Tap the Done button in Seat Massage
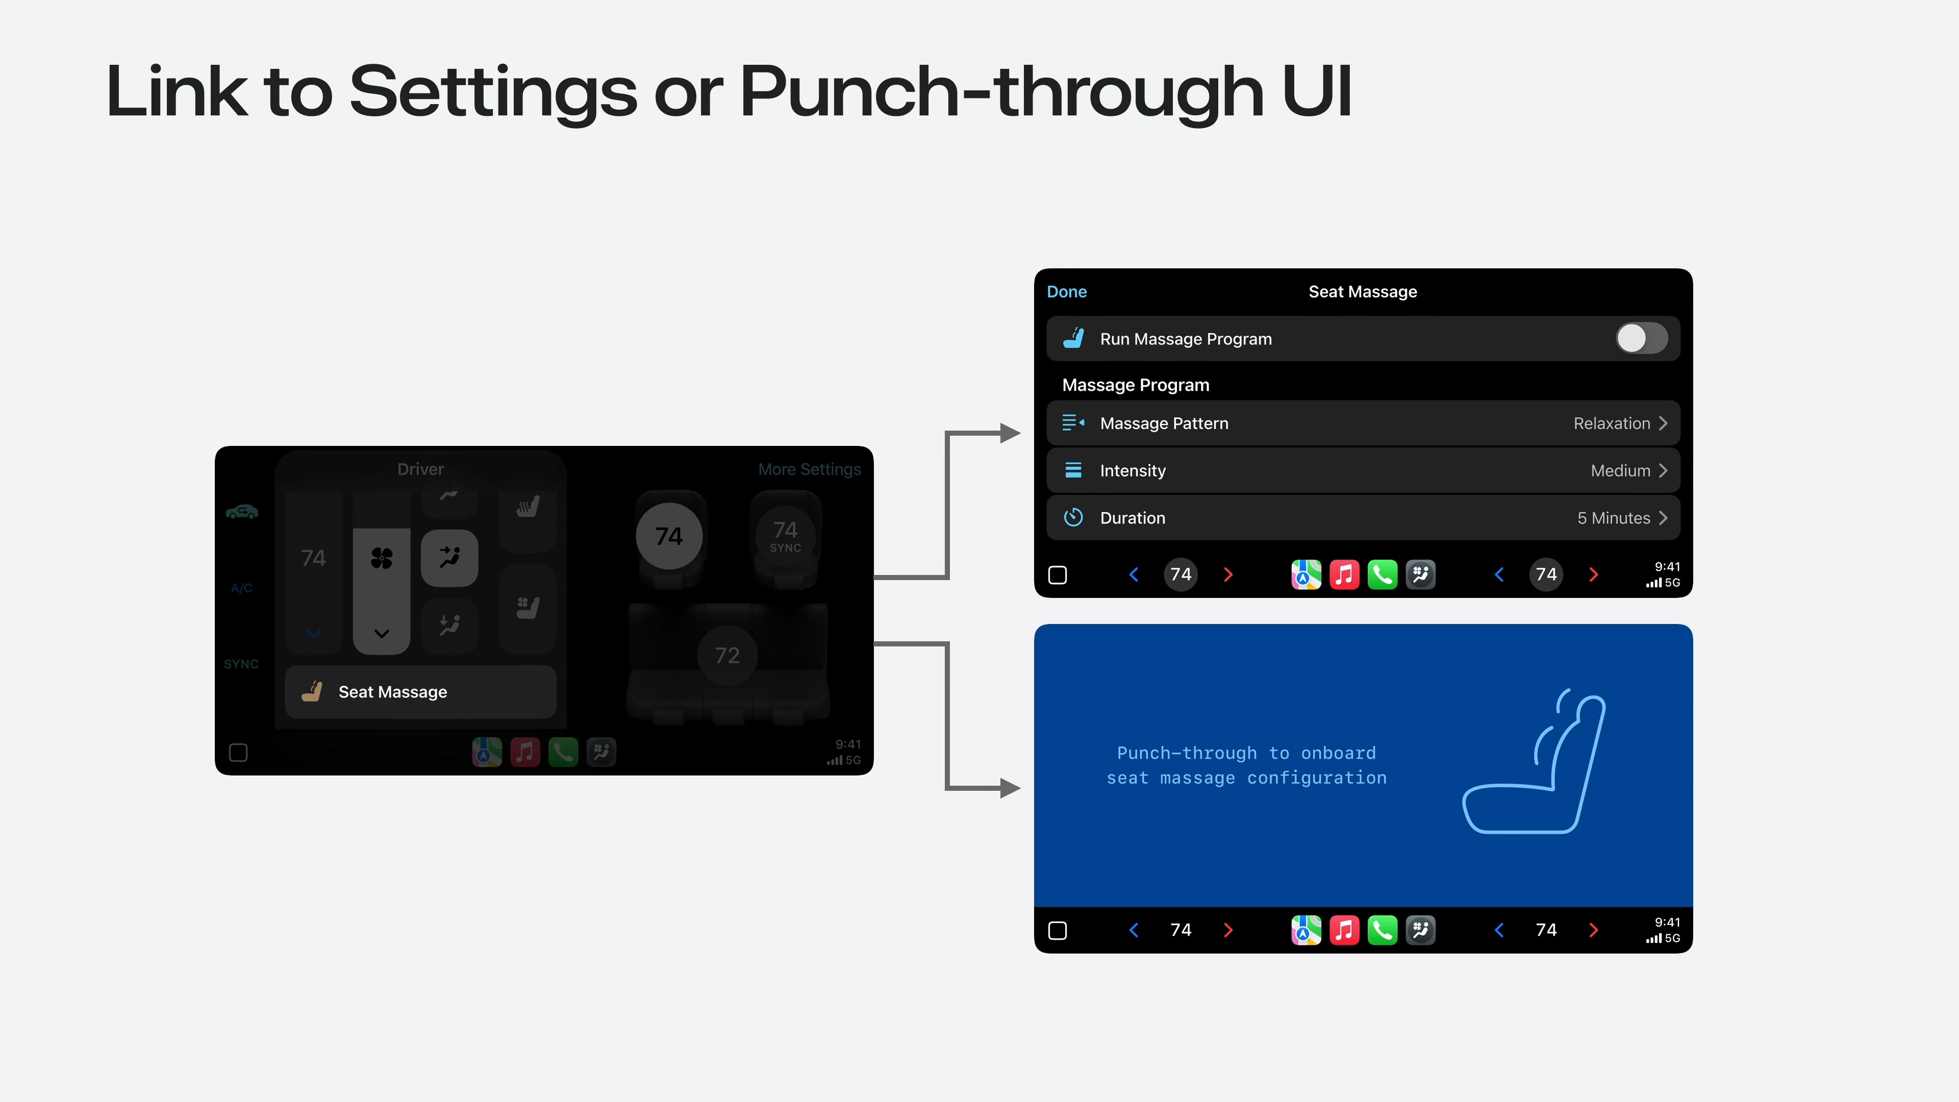point(1066,292)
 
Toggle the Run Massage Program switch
point(1641,338)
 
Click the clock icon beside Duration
point(1073,518)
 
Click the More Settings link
point(809,469)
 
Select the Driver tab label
point(420,469)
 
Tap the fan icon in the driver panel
point(382,559)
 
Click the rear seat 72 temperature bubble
point(727,655)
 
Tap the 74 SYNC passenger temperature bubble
point(786,535)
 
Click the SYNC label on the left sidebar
point(241,664)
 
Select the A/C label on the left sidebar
point(241,588)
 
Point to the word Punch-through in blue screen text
point(1186,753)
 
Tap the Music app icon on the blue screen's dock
point(1344,930)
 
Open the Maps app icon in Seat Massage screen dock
point(1306,575)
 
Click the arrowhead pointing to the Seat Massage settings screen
point(1010,434)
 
